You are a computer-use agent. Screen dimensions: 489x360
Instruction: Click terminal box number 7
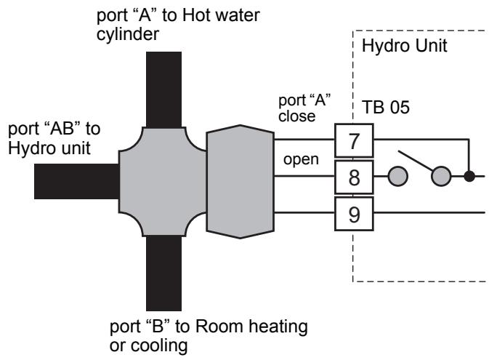click(354, 140)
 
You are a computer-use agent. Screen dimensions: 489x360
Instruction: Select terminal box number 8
click(354, 177)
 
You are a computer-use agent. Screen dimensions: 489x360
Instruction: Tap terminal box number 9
click(354, 214)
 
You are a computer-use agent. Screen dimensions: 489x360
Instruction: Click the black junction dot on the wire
click(469, 176)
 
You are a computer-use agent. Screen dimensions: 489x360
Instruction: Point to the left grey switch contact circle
click(398, 176)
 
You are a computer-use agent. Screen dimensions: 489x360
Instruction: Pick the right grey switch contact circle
click(441, 176)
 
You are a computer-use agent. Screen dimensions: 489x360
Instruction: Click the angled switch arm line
click(416, 161)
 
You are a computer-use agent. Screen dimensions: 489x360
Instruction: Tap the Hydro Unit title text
click(405, 46)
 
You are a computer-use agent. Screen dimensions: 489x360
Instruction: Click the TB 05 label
click(386, 107)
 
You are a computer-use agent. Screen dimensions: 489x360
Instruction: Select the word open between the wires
click(301, 160)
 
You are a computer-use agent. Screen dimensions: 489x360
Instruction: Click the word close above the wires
click(297, 116)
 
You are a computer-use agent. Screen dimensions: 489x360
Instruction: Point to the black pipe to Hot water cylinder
click(163, 89)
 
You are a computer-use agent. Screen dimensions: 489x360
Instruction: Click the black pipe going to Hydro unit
click(77, 181)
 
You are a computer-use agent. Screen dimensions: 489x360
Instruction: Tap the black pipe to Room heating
click(163, 273)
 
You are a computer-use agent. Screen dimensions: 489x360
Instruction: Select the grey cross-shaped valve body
click(163, 181)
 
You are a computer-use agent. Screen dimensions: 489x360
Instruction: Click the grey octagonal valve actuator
click(240, 182)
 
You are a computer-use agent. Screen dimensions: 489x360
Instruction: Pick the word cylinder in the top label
click(128, 34)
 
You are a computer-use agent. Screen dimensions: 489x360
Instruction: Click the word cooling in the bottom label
click(159, 345)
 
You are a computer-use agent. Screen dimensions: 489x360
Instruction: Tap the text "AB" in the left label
click(62, 128)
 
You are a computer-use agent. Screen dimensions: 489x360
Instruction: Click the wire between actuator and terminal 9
click(304, 213)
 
